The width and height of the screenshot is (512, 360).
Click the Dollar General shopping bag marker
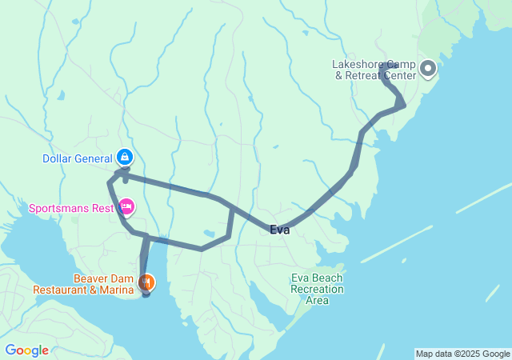[125, 156]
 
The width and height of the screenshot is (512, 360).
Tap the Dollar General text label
[78, 158]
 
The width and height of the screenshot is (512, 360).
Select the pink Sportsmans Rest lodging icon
[126, 208]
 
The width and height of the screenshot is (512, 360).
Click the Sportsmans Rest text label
[71, 209]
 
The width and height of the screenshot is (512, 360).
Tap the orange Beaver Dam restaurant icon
[146, 282]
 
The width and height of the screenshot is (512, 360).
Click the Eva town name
[279, 230]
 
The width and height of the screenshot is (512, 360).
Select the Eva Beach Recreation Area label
[317, 289]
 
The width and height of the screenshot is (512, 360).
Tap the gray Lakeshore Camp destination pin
[427, 69]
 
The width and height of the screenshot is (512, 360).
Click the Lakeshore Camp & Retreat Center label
[374, 70]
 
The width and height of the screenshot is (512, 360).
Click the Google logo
[26, 350]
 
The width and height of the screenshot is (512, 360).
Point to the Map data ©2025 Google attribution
[462, 354]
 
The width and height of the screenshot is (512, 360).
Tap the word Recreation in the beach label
[318, 289]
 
